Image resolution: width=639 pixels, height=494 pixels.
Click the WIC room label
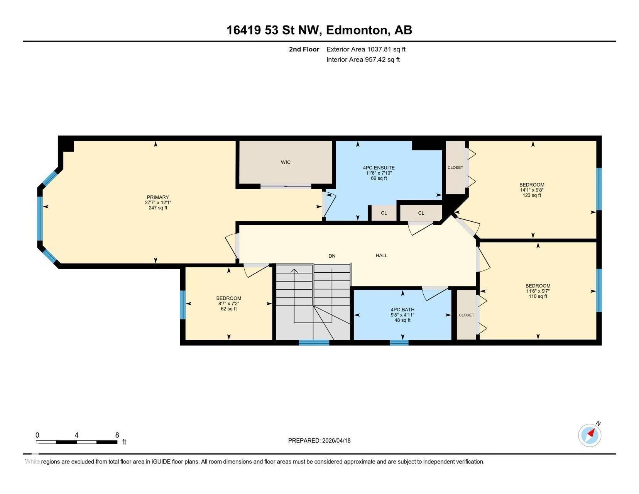[x=286, y=162]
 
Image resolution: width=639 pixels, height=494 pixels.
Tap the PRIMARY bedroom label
[x=158, y=197]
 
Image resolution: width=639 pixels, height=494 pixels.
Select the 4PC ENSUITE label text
[x=379, y=168]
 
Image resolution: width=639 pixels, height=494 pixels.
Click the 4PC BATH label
[x=402, y=310]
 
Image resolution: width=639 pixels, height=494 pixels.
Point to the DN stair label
[x=332, y=256]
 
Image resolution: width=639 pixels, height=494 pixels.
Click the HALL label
[x=382, y=255]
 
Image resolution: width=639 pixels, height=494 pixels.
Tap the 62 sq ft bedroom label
[x=228, y=298]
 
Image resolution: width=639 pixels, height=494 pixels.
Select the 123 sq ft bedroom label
[x=532, y=185]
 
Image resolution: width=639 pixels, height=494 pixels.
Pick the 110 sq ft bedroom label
[x=538, y=286]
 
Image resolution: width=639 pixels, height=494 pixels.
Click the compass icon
[x=590, y=435]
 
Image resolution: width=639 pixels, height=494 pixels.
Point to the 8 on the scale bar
[x=117, y=435]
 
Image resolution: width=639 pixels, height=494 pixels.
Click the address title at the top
[x=319, y=30]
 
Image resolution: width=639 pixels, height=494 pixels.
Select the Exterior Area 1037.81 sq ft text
[x=366, y=49]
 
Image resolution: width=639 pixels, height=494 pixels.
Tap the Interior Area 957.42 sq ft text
[x=363, y=59]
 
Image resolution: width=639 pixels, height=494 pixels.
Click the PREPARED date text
[x=319, y=440]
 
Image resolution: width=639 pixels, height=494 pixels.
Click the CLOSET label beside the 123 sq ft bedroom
[x=455, y=168]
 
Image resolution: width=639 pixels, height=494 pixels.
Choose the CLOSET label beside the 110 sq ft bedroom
[x=466, y=315]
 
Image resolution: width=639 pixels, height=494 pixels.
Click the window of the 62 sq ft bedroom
[x=183, y=305]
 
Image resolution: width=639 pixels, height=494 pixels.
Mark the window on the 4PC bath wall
[x=399, y=342]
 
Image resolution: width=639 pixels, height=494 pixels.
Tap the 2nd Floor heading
[x=304, y=49]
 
